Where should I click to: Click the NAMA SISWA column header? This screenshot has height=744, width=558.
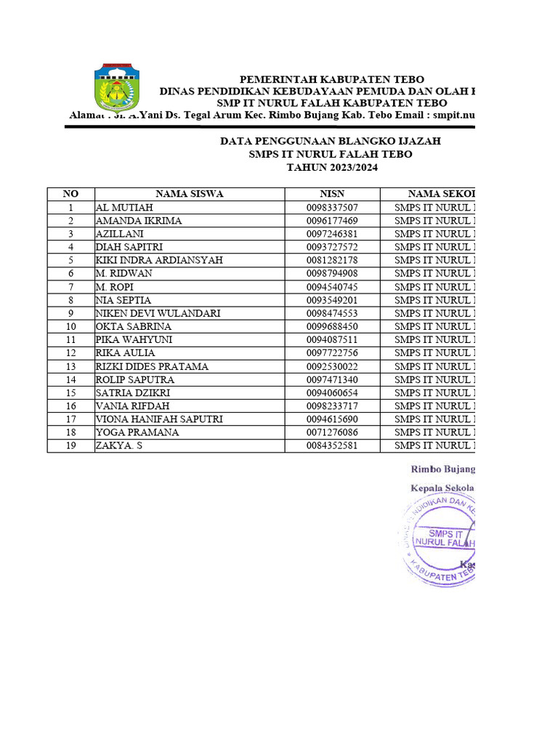[x=189, y=194]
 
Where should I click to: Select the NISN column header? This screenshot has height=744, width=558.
[x=332, y=194]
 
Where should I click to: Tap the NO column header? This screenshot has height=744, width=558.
[x=70, y=194]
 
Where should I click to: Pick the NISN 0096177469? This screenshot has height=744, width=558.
[x=332, y=221]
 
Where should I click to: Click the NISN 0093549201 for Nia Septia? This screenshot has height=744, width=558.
[x=332, y=300]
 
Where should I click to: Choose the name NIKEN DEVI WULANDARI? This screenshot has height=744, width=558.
[x=158, y=313]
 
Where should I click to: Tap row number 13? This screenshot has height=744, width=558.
[x=70, y=366]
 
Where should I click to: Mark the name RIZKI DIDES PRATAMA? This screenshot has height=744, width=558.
[x=152, y=366]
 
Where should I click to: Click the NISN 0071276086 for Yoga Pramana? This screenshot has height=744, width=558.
[x=332, y=432]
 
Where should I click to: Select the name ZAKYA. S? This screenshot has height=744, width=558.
[x=119, y=445]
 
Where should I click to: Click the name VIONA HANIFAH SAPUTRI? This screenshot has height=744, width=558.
[x=159, y=419]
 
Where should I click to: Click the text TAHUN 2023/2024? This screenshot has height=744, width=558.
[x=332, y=168]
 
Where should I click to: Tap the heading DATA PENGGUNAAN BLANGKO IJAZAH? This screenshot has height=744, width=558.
[x=331, y=142]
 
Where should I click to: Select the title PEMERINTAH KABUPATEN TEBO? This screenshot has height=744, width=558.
[x=332, y=79]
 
